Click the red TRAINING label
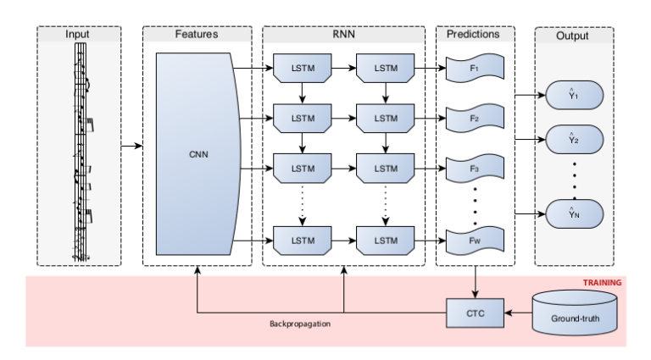[x=601, y=283]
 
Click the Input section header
[x=79, y=35]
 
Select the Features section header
[x=197, y=35]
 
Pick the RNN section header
[x=343, y=35]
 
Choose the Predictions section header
[x=474, y=35]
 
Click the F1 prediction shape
[x=474, y=67]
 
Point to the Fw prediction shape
[x=474, y=241]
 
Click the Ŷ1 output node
[x=574, y=95]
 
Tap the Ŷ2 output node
[x=574, y=136]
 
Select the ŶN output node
[x=574, y=213]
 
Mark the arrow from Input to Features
[x=131, y=147]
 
